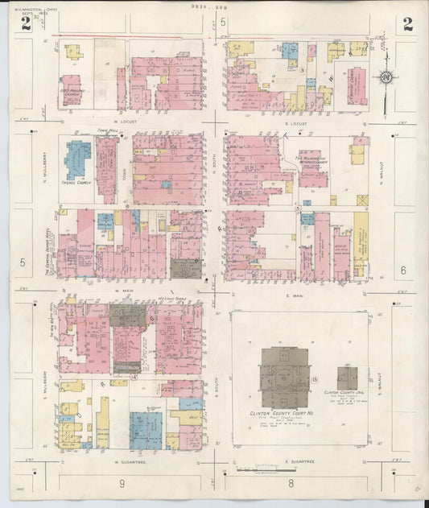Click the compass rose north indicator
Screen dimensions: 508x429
pyautogui.click(x=387, y=77)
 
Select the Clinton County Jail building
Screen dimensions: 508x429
pyautogui.click(x=347, y=377)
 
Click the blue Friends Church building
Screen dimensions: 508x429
pyautogui.click(x=78, y=159)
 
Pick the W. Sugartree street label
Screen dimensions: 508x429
pyautogui.click(x=127, y=462)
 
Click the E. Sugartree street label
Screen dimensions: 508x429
pyautogui.click(x=297, y=462)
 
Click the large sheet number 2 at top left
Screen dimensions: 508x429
pyautogui.click(x=26, y=23)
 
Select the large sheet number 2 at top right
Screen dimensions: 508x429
pyautogui.click(x=407, y=23)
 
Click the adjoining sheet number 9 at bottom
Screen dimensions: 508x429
pyautogui.click(x=122, y=483)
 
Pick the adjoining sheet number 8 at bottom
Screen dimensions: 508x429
pyautogui.click(x=291, y=483)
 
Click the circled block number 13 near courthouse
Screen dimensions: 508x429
pyautogui.click(x=316, y=378)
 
